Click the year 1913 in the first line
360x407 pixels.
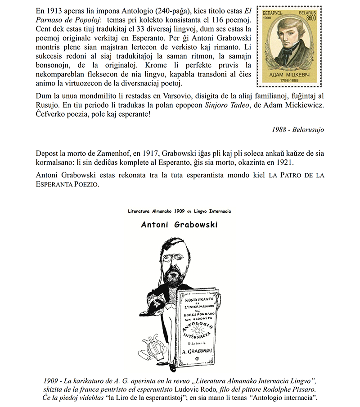click(55, 10)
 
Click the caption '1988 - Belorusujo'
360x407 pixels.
click(298, 130)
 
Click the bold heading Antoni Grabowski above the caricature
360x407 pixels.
click(179, 224)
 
